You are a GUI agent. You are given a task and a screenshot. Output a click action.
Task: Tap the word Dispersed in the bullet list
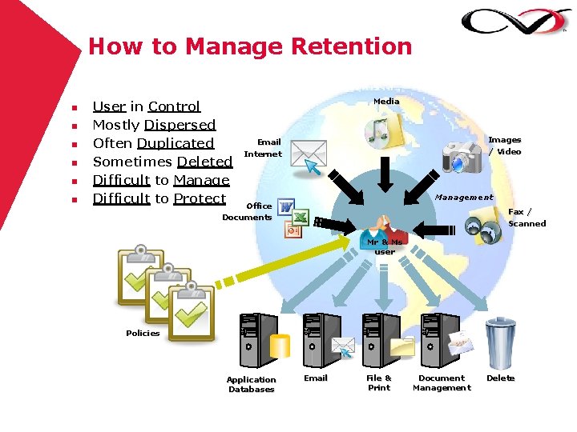tap(180, 125)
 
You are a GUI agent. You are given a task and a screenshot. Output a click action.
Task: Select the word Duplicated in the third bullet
tap(176, 143)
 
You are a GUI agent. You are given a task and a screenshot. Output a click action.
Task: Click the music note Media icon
tap(380, 130)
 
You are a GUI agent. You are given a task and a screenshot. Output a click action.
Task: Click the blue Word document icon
tap(285, 207)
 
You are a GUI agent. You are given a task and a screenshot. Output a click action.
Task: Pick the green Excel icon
tap(300, 217)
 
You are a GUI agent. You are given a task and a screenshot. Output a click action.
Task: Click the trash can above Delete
tap(500, 342)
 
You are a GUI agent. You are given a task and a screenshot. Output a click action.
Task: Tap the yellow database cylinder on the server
tap(280, 346)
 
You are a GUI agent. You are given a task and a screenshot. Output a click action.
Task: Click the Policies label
tap(143, 333)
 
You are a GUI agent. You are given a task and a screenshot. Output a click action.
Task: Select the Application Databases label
tap(251, 385)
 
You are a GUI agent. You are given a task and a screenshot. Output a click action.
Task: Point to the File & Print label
tap(379, 383)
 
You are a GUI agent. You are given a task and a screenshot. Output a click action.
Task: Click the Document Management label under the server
tap(442, 383)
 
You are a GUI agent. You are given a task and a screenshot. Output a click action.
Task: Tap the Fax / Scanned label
tap(527, 218)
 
